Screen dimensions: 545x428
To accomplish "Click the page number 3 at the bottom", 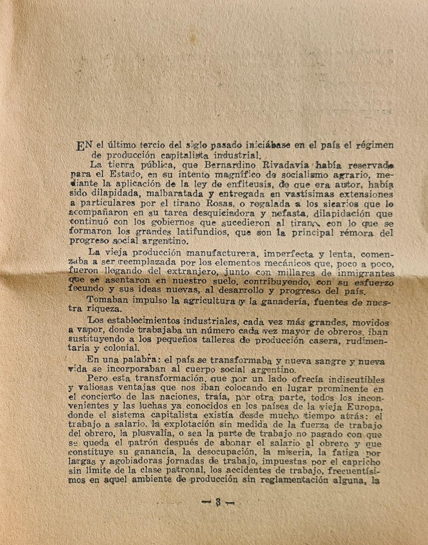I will coord(218,502).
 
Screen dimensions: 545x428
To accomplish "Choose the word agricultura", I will coord(208,301).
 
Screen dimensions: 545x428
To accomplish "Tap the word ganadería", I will coord(284,302).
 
